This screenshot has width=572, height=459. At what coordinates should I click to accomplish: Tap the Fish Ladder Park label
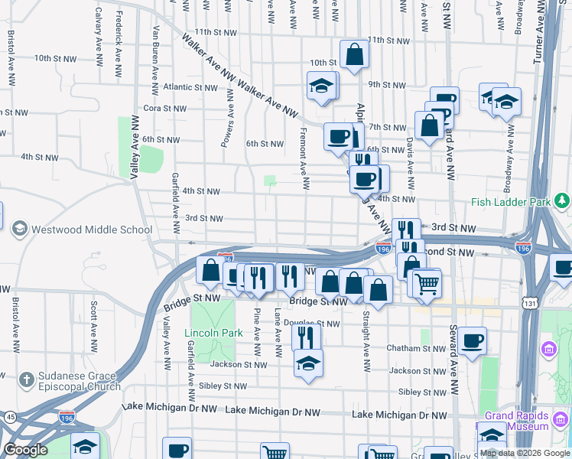[512, 203]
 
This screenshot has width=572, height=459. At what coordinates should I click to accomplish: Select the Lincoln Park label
[213, 333]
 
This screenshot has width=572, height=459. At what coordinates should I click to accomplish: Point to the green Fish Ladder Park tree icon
[563, 200]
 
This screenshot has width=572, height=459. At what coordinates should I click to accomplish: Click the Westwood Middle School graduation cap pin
[19, 229]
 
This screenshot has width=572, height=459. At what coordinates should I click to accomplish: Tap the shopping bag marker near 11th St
[354, 54]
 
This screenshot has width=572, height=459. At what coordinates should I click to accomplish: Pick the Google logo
[25, 450]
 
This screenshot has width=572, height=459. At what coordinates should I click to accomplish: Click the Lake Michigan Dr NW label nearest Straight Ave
[399, 415]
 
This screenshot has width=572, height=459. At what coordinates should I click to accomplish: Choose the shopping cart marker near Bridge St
[427, 283]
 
